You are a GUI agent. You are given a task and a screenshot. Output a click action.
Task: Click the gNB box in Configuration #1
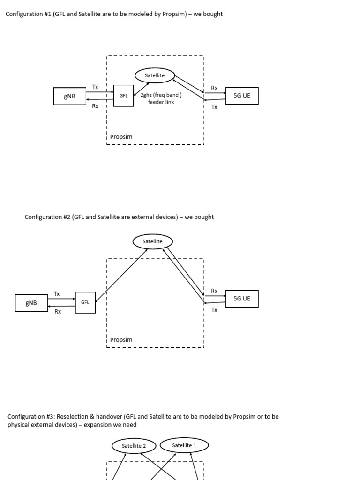(69, 97)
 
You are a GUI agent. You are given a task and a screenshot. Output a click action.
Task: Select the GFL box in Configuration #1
(123, 96)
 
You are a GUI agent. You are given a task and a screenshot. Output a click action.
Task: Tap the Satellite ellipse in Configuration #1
(155, 75)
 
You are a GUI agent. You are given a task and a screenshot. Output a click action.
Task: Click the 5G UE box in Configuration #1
(242, 96)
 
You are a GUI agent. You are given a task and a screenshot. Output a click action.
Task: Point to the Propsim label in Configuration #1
(121, 137)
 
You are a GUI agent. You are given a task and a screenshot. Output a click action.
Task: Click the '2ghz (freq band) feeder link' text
(161, 98)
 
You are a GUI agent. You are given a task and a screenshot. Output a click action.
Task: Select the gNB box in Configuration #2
(31, 303)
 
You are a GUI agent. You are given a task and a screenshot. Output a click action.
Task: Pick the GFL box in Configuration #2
(85, 302)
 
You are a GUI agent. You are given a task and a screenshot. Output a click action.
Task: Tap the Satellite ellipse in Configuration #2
(153, 241)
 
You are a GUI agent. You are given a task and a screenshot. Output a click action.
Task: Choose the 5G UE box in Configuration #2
(242, 299)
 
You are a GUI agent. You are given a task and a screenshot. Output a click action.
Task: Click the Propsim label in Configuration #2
(121, 339)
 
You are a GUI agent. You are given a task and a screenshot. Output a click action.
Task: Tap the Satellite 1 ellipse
(184, 445)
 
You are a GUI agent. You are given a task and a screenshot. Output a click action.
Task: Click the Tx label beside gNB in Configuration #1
(95, 87)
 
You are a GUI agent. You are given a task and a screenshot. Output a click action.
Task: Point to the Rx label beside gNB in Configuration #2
(58, 311)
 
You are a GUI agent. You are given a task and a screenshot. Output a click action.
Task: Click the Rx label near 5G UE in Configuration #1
(214, 88)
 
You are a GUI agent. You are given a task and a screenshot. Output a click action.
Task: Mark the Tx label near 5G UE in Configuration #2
(214, 310)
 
